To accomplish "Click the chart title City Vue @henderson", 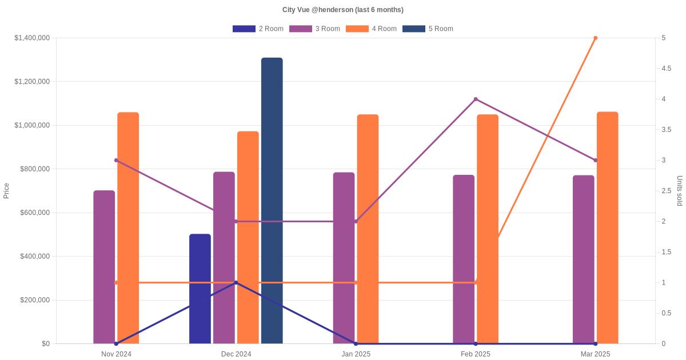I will coord(343,10).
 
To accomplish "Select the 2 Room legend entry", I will coord(258,29).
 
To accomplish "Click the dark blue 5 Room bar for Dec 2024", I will coord(272,201).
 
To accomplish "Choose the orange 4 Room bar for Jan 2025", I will coord(368,229).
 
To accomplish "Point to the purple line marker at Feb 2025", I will coord(476,99).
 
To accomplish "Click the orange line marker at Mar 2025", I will coord(595,38).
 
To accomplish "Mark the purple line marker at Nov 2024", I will coord(116,160).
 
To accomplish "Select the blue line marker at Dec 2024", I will coord(236,282).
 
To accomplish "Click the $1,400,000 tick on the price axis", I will coord(32,38).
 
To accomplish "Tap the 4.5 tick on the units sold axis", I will coord(666,69).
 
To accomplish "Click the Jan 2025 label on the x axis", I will coord(356,354).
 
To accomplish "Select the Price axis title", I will coord(6,191).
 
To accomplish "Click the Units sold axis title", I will coord(680,191).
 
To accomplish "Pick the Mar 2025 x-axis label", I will coord(595,354).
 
